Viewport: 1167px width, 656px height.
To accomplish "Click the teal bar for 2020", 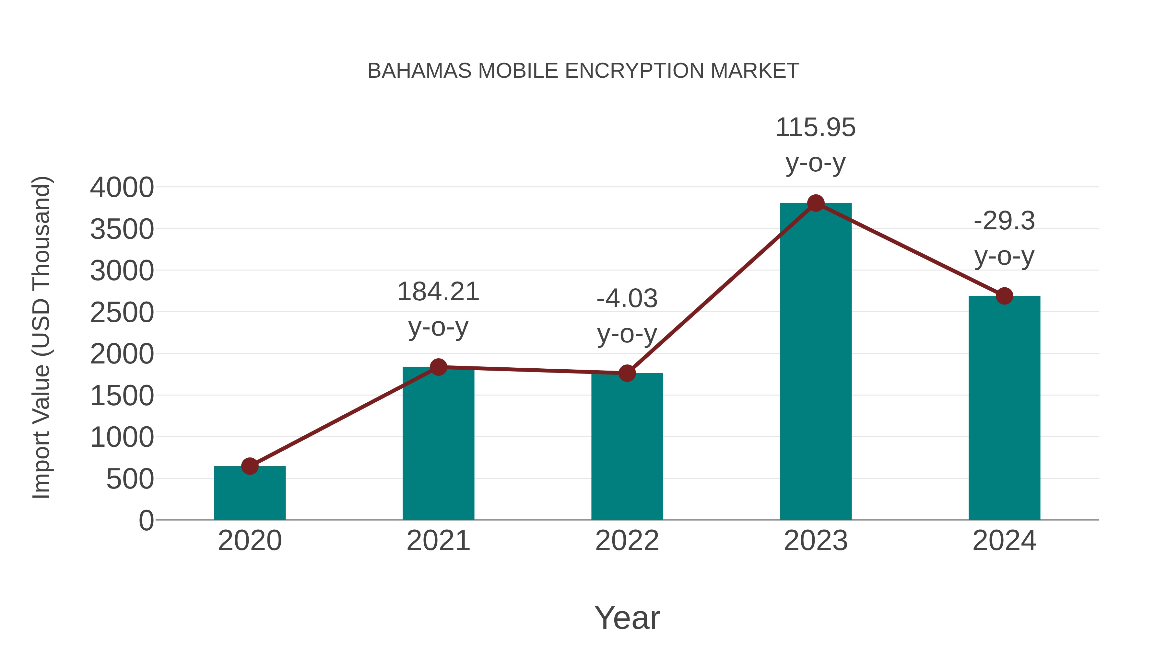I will [250, 493].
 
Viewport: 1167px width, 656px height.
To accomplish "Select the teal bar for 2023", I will [816, 362].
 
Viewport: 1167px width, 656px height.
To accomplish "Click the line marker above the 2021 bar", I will [438, 367].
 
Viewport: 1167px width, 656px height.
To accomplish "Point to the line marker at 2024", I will [1004, 296].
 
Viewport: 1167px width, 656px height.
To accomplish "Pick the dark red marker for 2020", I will [250, 466].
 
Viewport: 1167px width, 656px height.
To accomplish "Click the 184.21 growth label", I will [438, 292].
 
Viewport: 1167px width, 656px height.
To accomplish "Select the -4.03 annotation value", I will [627, 299].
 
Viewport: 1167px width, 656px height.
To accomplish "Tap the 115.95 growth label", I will [816, 128].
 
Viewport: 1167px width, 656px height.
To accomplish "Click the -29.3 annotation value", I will [1004, 221].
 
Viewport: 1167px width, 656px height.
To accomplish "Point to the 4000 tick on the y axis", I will [122, 188].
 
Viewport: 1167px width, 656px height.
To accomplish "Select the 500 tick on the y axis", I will [130, 479].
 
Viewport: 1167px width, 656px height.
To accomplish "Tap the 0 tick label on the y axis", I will [146, 521].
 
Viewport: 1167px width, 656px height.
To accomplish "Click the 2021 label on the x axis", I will [438, 541].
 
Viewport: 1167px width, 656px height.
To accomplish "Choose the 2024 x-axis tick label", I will [1004, 541].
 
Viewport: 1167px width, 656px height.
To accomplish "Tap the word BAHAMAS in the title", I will [419, 71].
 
